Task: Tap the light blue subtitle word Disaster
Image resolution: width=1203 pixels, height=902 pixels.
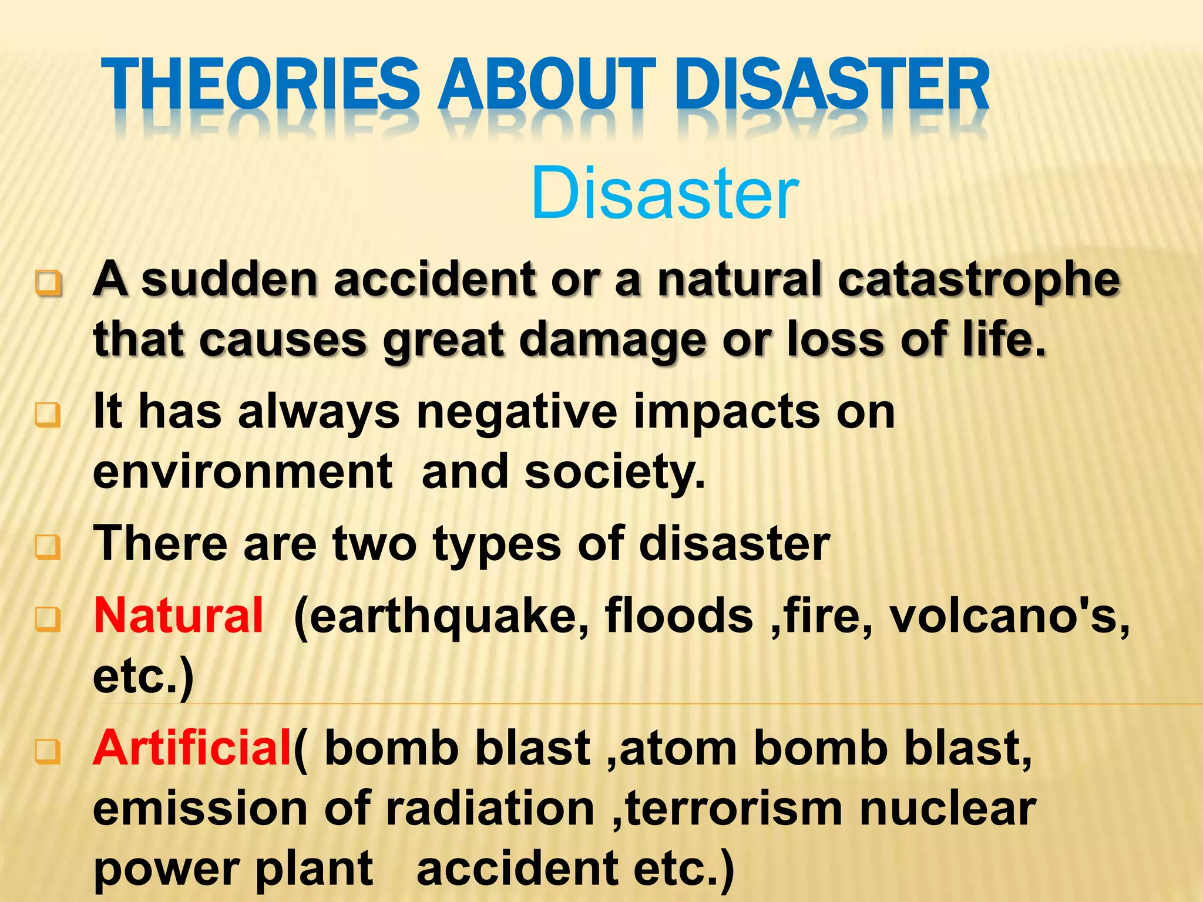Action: coord(664,194)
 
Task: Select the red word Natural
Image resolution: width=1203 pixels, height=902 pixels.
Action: coord(179,615)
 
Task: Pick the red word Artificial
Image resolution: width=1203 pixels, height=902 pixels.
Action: coord(193,748)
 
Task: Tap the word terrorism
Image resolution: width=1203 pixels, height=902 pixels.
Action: coord(734,809)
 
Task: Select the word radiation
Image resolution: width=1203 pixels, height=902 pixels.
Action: coord(490,809)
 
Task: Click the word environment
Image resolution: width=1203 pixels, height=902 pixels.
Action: coord(243,472)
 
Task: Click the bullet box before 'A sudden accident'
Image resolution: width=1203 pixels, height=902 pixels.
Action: coord(48,284)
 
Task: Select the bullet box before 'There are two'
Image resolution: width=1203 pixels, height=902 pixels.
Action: coord(48,547)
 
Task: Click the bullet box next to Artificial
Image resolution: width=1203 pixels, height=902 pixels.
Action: coord(48,751)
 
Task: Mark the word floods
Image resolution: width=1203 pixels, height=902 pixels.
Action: coord(678,615)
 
